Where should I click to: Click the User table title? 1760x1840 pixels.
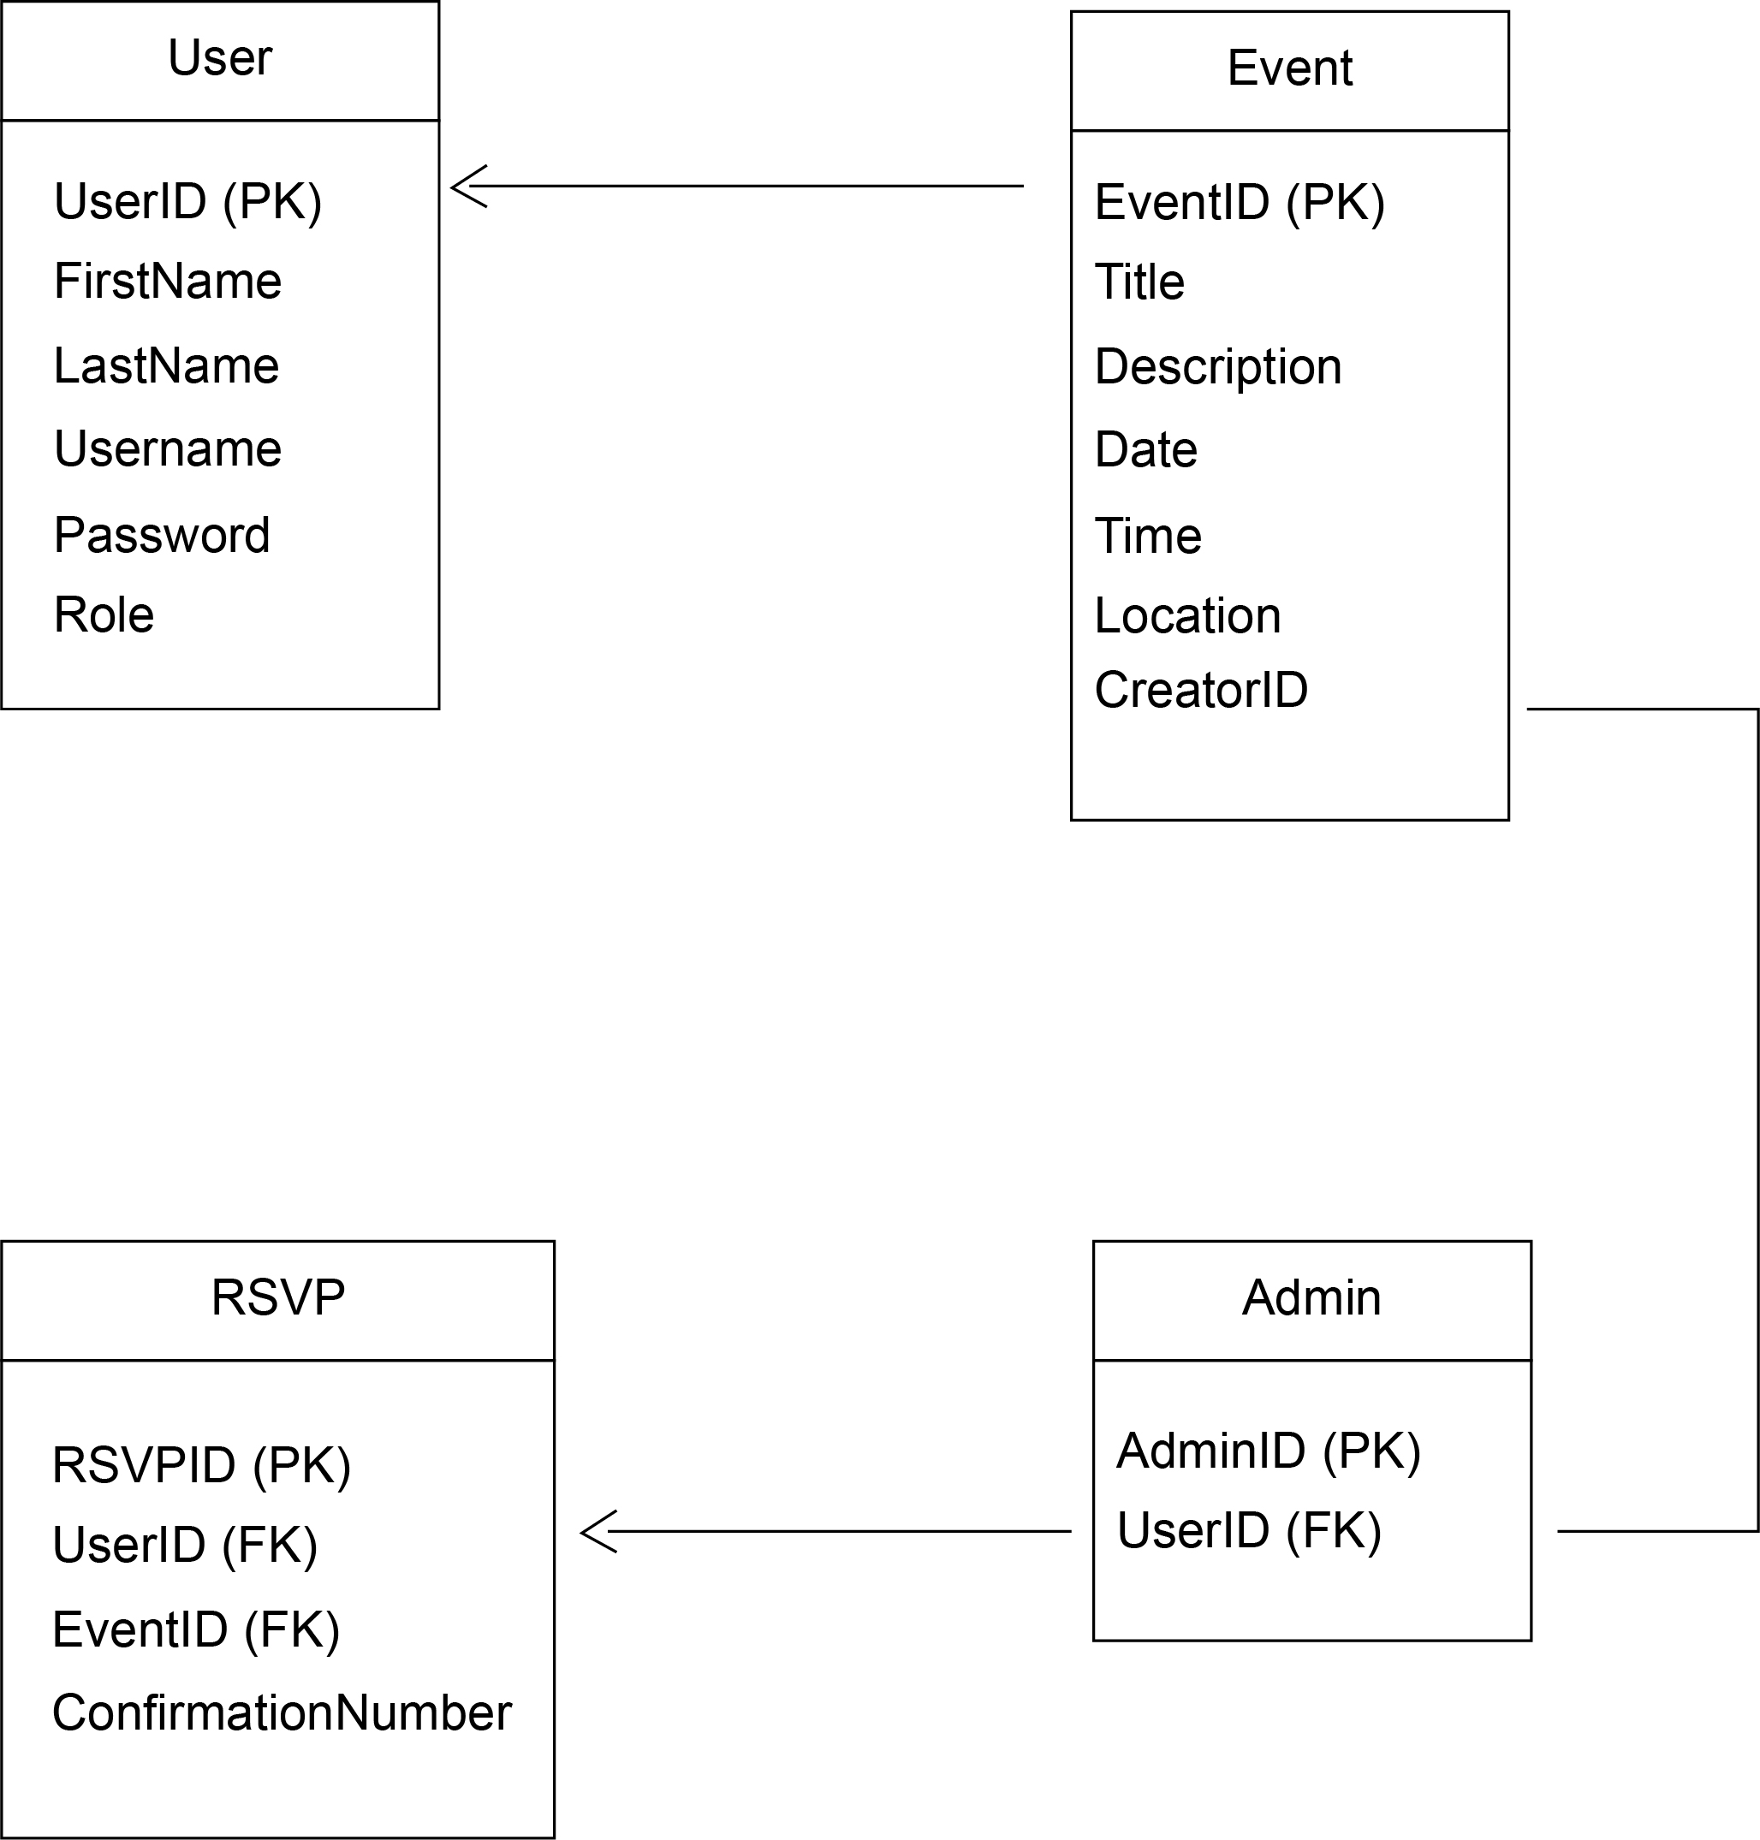pos(219,58)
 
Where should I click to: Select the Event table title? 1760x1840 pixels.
pos(1289,68)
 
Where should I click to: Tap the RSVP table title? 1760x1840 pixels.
pos(277,1298)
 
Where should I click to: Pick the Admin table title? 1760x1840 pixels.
pos(1311,1298)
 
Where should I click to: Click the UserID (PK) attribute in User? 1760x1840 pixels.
pos(187,202)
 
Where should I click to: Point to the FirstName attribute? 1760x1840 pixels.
pos(167,282)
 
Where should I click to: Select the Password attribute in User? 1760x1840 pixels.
pos(162,536)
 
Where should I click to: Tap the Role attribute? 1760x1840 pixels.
pos(104,615)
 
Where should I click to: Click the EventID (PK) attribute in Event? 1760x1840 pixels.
pos(1239,203)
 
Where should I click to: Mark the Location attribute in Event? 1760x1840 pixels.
pos(1186,616)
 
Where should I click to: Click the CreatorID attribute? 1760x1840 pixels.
pos(1200,691)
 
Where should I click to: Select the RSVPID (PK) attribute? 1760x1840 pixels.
pos(201,1465)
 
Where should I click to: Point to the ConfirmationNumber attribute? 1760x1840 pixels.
pos(282,1712)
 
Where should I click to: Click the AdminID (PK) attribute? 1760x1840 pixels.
pos(1268,1451)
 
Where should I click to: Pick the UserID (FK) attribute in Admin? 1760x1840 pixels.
pos(1248,1530)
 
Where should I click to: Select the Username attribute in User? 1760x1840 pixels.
pos(167,449)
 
